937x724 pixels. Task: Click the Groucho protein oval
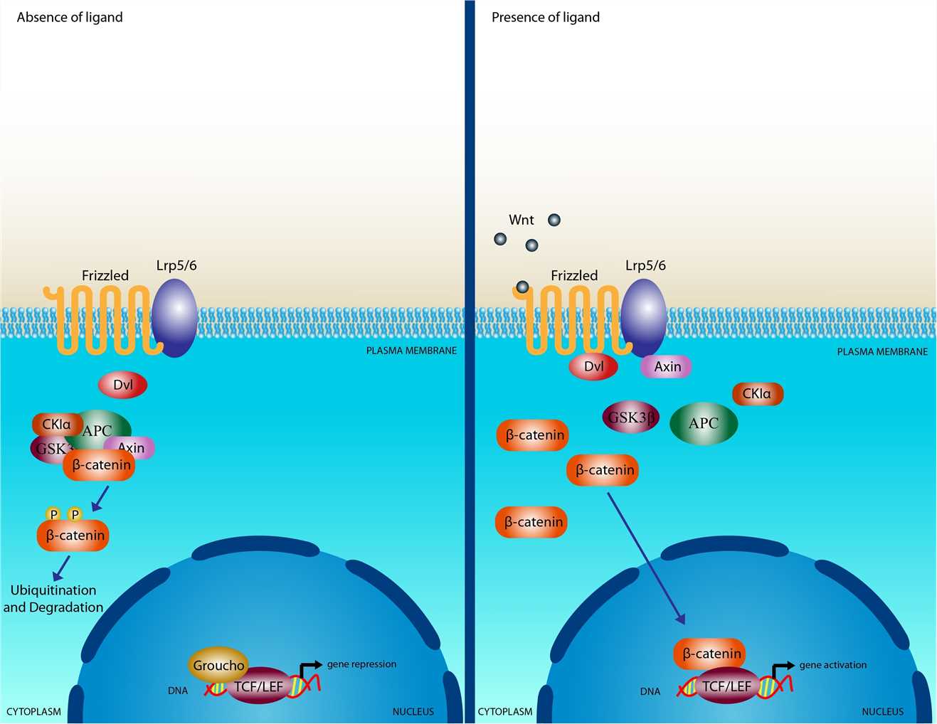tap(218, 665)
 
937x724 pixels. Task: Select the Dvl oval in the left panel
tap(122, 385)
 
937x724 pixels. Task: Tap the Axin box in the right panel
tap(667, 366)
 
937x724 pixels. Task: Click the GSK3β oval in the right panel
tap(630, 417)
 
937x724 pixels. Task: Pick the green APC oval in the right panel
tap(703, 423)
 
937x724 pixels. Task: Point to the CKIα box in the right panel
tap(757, 393)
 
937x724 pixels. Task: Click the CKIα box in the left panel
tap(56, 424)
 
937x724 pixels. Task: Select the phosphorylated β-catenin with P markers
tap(73, 535)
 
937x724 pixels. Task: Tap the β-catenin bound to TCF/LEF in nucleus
tap(710, 654)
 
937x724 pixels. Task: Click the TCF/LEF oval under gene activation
tap(726, 686)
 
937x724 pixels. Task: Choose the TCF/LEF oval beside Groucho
tap(260, 686)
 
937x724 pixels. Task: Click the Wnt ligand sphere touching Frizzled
tap(522, 287)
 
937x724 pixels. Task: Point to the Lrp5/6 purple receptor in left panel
tap(175, 318)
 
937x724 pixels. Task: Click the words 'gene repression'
tap(361, 664)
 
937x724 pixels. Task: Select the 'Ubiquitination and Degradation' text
tap(53, 599)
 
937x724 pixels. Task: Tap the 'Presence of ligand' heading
tap(545, 17)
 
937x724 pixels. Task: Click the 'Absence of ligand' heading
tap(70, 17)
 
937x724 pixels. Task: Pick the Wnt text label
tap(521, 220)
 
